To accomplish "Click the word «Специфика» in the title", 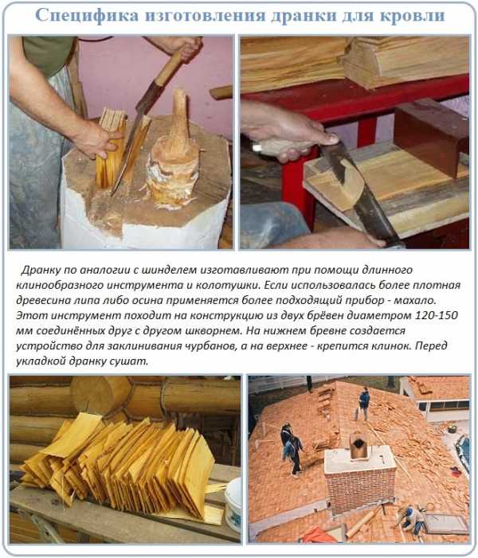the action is [x=87, y=16].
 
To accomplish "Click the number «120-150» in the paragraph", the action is [x=437, y=315].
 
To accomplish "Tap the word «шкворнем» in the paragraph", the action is [x=214, y=331].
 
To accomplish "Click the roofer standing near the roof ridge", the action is [x=362, y=404].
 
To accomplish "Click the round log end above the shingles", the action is [x=100, y=396].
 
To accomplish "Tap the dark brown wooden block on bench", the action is [x=430, y=136].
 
